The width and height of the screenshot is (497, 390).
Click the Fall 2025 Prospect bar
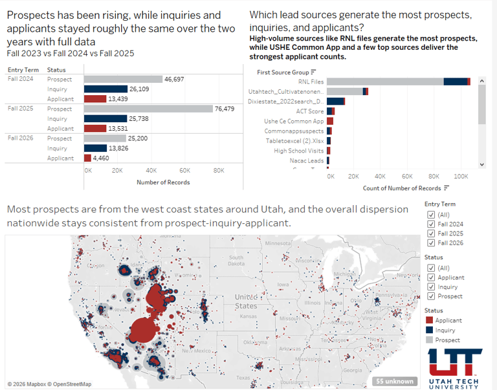click(148, 109)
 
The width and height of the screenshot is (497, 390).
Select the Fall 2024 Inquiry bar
click(106, 89)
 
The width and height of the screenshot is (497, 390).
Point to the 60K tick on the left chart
click(184, 171)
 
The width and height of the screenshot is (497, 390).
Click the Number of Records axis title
click(163, 182)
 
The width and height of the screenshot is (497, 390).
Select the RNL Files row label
click(311, 81)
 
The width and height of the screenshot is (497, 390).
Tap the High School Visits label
click(299, 151)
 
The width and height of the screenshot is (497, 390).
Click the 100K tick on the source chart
click(461, 176)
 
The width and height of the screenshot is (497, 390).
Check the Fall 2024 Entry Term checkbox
click(431, 224)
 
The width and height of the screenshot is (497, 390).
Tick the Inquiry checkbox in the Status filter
click(431, 287)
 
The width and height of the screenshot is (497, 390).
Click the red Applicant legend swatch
click(430, 320)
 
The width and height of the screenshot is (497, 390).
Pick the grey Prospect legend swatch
click(430, 340)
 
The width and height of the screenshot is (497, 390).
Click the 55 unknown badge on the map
click(395, 381)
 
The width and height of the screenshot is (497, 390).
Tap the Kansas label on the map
click(247, 317)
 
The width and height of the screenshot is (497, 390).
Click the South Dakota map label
click(236, 260)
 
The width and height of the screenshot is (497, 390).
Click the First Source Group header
click(282, 72)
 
